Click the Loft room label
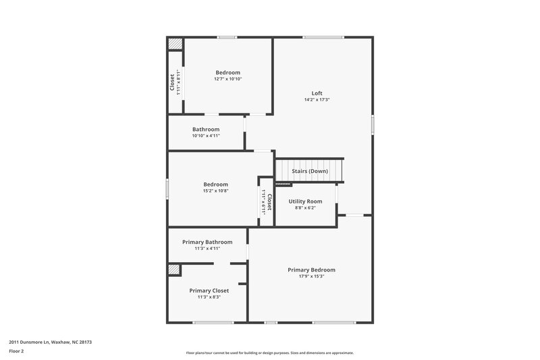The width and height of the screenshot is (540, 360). tap(317, 93)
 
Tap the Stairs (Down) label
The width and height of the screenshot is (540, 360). tap(310, 171)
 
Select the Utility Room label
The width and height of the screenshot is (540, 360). tap(305, 201)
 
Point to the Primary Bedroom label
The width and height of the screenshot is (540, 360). tap(311, 270)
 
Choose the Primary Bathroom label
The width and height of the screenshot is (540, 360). tap(207, 242)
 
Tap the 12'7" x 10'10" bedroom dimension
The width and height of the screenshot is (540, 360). tap(227, 79)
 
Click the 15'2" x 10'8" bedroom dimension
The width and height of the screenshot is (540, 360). tap(215, 190)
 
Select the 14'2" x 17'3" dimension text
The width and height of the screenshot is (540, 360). tap(317, 100)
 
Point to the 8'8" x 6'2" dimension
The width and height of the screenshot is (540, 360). tap(305, 207)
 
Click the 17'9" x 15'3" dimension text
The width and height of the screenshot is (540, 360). tap(311, 276)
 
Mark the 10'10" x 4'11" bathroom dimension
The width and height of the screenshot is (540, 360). tap(206, 135)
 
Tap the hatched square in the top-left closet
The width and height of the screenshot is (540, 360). tap(175, 44)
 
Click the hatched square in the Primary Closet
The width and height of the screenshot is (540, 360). tap(174, 269)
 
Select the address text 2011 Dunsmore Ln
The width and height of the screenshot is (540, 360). tap(50, 342)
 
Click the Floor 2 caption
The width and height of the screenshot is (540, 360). tap(16, 351)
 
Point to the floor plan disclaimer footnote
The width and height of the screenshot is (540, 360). tap(269, 353)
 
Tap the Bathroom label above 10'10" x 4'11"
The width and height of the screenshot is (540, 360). tap(206, 129)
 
